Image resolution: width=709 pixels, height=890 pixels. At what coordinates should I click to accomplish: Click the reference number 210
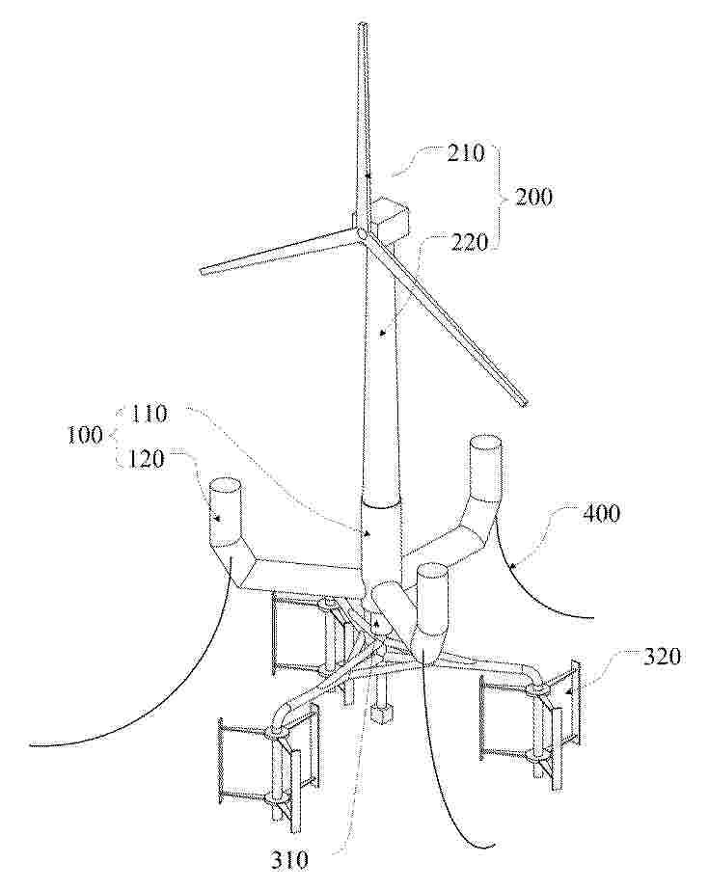(466, 153)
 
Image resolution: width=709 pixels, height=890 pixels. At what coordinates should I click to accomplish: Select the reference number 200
(533, 197)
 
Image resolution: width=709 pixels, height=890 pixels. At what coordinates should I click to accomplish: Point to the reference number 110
(150, 414)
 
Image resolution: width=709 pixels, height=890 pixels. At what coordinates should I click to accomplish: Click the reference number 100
(86, 435)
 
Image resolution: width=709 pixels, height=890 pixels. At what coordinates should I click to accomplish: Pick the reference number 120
(145, 459)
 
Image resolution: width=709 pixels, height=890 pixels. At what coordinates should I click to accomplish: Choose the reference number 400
(600, 514)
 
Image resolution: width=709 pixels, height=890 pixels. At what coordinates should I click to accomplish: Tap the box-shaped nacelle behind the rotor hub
(390, 217)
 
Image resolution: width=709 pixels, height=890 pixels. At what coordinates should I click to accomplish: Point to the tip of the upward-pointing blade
(362, 24)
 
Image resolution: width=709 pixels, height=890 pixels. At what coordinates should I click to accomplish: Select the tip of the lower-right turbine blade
(525, 402)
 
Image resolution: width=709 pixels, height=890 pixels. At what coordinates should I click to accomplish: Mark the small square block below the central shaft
(379, 715)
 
